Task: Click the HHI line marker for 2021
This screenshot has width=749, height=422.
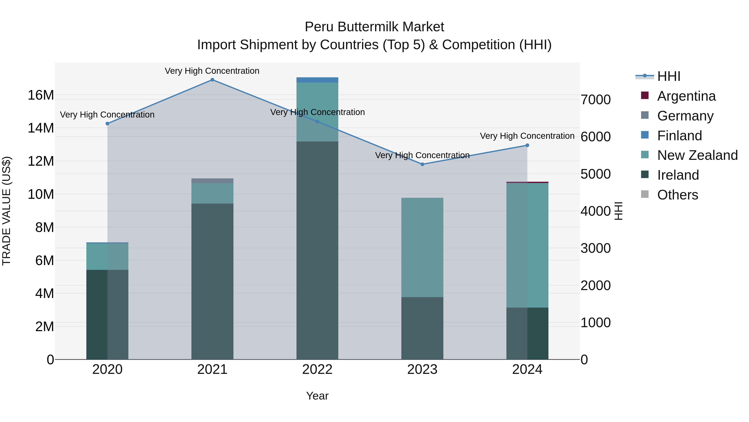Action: (x=212, y=80)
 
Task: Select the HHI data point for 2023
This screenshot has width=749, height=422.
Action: (x=422, y=164)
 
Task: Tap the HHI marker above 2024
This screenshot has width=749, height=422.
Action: (x=527, y=145)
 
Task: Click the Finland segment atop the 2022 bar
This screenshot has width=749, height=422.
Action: (x=317, y=80)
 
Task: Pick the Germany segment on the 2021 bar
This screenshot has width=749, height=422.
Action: (x=212, y=181)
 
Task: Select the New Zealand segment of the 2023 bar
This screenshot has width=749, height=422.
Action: (x=422, y=248)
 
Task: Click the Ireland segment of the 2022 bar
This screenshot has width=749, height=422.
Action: (x=317, y=250)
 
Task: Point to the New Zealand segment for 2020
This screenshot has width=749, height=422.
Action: (x=107, y=257)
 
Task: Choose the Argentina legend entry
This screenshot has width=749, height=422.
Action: (x=686, y=96)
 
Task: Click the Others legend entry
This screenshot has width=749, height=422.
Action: (x=677, y=195)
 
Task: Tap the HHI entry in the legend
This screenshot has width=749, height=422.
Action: (x=669, y=76)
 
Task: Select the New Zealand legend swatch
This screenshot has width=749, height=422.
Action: (x=645, y=155)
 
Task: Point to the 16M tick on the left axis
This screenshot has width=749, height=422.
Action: (x=41, y=95)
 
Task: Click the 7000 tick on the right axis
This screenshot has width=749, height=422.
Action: (x=595, y=100)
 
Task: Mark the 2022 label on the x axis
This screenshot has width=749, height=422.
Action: (x=317, y=369)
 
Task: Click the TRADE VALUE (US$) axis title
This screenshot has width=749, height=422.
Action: (x=6, y=211)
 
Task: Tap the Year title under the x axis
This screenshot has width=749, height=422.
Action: (x=317, y=396)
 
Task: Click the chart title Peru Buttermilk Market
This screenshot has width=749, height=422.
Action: (x=374, y=27)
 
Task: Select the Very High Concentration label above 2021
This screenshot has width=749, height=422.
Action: (x=212, y=71)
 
